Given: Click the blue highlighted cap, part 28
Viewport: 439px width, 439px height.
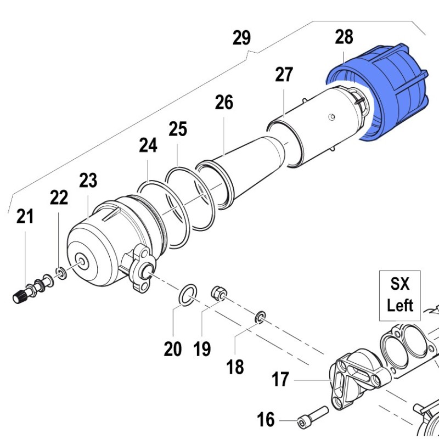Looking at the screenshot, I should (384, 99).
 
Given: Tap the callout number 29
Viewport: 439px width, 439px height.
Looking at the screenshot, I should (241, 38).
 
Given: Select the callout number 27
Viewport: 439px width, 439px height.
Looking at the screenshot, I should (284, 75).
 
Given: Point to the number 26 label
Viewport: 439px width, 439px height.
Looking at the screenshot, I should (224, 102).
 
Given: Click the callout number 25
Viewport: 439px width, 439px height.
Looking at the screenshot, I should (178, 130).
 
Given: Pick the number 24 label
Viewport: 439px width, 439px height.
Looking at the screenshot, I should (148, 145).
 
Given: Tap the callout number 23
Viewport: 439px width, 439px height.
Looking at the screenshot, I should (88, 180).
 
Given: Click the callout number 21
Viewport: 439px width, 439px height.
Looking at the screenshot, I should (25, 217).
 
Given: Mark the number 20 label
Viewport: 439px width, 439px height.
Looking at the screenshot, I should (173, 349).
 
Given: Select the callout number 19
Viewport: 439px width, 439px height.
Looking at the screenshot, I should (202, 349).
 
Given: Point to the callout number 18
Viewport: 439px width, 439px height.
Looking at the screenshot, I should (235, 367).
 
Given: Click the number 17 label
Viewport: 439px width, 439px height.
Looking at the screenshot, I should (280, 379).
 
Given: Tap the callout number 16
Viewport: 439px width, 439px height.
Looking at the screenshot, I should (266, 420).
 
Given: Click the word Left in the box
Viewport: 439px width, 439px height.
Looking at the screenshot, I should (399, 305).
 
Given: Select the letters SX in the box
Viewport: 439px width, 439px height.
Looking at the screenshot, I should (399, 285).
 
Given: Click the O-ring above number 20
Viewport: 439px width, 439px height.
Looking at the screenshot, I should (188, 294).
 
